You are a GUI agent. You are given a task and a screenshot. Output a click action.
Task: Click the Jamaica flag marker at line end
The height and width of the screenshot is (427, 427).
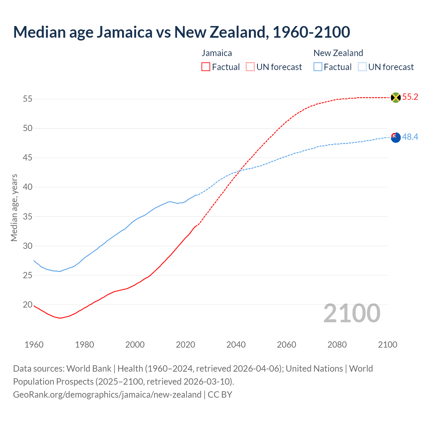[x=396, y=97]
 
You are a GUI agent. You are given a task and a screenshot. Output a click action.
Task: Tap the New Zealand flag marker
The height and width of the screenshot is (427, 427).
[x=396, y=137]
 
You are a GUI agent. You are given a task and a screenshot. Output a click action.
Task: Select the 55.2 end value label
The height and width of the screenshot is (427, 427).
[x=410, y=97]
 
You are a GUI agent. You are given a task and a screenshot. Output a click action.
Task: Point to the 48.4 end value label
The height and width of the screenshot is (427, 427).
[x=410, y=137]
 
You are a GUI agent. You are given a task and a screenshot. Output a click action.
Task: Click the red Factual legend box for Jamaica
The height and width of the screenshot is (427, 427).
[x=206, y=67]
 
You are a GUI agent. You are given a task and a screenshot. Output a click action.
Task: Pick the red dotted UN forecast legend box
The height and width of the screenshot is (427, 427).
[x=250, y=67]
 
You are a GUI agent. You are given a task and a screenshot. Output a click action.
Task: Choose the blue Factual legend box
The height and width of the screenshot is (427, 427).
[x=318, y=67]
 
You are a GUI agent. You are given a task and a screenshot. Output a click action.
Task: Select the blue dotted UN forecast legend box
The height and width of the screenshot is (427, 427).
[x=362, y=67]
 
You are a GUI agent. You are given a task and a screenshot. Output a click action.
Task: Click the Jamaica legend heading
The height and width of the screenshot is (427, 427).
[x=217, y=53]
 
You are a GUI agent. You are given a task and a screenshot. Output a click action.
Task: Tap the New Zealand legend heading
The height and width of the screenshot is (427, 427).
[x=338, y=53]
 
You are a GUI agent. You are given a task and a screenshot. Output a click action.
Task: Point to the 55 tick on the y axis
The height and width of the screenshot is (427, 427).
[x=28, y=99]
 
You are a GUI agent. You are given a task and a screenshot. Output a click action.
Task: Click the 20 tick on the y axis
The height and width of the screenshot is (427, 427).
[x=28, y=305]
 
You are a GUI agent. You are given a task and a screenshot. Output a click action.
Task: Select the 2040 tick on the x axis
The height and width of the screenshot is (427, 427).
[x=236, y=345]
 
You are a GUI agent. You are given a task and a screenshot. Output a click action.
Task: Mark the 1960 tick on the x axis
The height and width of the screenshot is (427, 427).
[x=34, y=345]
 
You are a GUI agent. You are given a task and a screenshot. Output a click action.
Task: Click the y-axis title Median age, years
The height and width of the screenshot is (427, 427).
[x=14, y=207]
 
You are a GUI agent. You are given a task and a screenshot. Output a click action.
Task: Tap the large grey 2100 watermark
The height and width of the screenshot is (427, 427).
[x=352, y=313]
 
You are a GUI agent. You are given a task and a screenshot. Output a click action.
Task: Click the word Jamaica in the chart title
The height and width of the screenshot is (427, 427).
[x=125, y=32]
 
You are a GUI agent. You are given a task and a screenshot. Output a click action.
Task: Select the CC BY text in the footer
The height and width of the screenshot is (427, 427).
[x=220, y=395]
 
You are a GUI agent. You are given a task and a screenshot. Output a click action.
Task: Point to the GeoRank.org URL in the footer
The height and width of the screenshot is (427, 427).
[x=107, y=395]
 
